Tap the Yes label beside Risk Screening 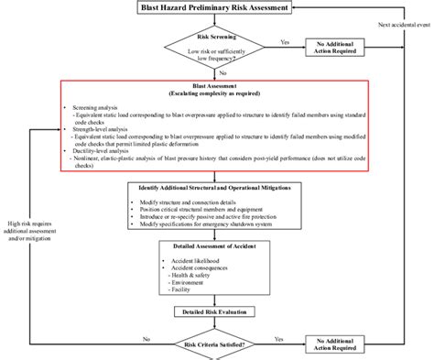point(285,41)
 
